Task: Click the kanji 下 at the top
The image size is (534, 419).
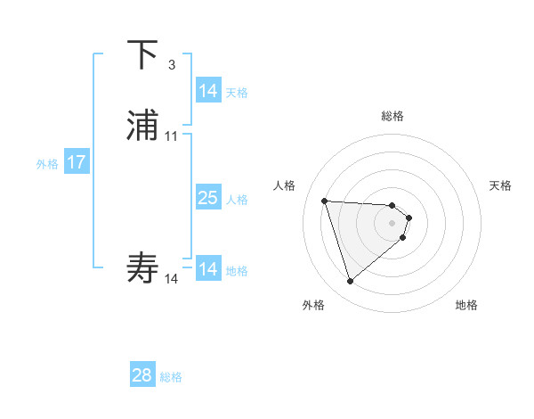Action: point(143,55)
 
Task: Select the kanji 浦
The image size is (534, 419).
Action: point(143,126)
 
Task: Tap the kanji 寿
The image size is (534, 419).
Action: point(143,267)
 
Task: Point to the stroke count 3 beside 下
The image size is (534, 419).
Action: point(172,64)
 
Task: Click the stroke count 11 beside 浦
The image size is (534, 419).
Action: point(172,136)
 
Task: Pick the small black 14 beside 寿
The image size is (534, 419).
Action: point(172,279)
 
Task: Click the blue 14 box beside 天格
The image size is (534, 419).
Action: point(208,91)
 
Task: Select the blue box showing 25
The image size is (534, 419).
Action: point(208,198)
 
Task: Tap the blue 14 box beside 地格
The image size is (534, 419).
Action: point(208,269)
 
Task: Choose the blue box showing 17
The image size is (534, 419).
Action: point(77,162)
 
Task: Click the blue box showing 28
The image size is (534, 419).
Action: point(142,375)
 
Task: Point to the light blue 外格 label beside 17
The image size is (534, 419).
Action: point(47,163)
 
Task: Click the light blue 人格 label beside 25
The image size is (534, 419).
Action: point(238,200)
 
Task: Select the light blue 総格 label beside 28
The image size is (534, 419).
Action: point(172,377)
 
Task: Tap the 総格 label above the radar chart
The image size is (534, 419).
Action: point(392,116)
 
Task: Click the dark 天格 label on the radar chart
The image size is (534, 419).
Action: point(500,185)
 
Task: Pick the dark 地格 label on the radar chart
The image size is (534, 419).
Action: point(466,305)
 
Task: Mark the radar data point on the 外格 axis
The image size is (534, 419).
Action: point(350,282)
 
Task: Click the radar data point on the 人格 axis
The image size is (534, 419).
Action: point(325,201)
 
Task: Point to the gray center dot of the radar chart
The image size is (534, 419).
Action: point(392,223)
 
